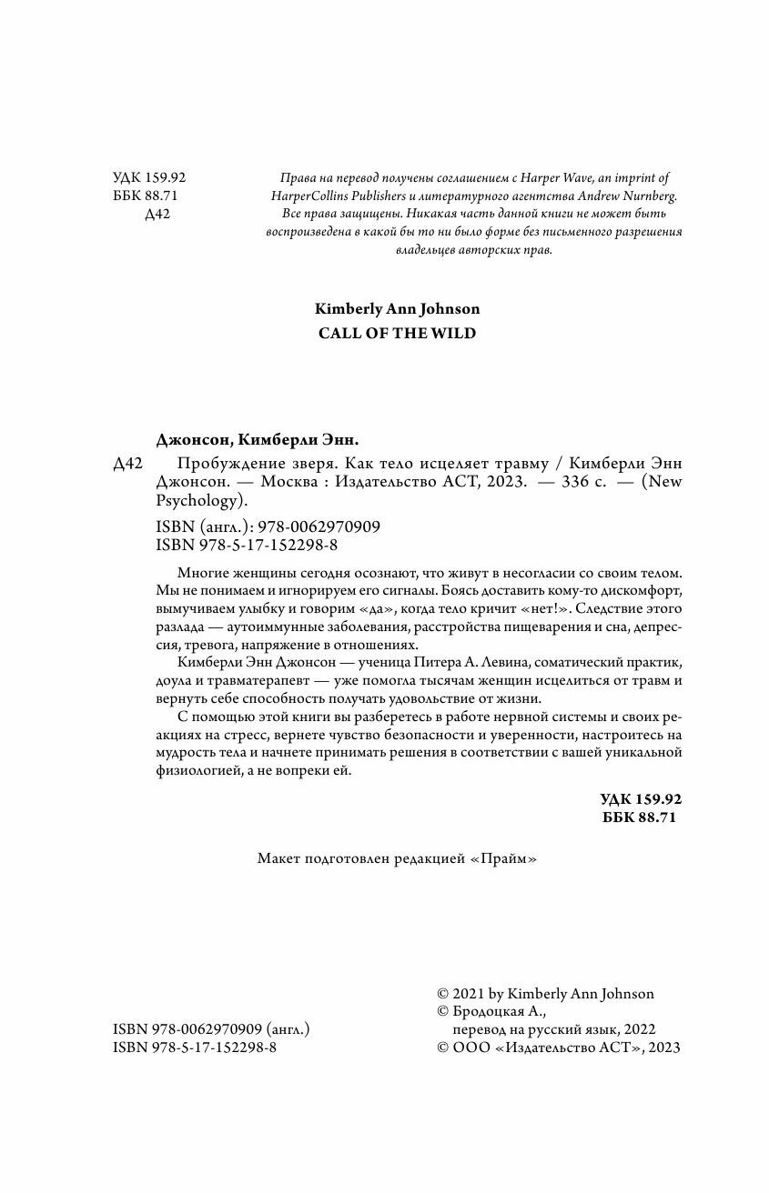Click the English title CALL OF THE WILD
[397, 333]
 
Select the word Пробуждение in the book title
[214, 464]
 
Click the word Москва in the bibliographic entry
[328, 483]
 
